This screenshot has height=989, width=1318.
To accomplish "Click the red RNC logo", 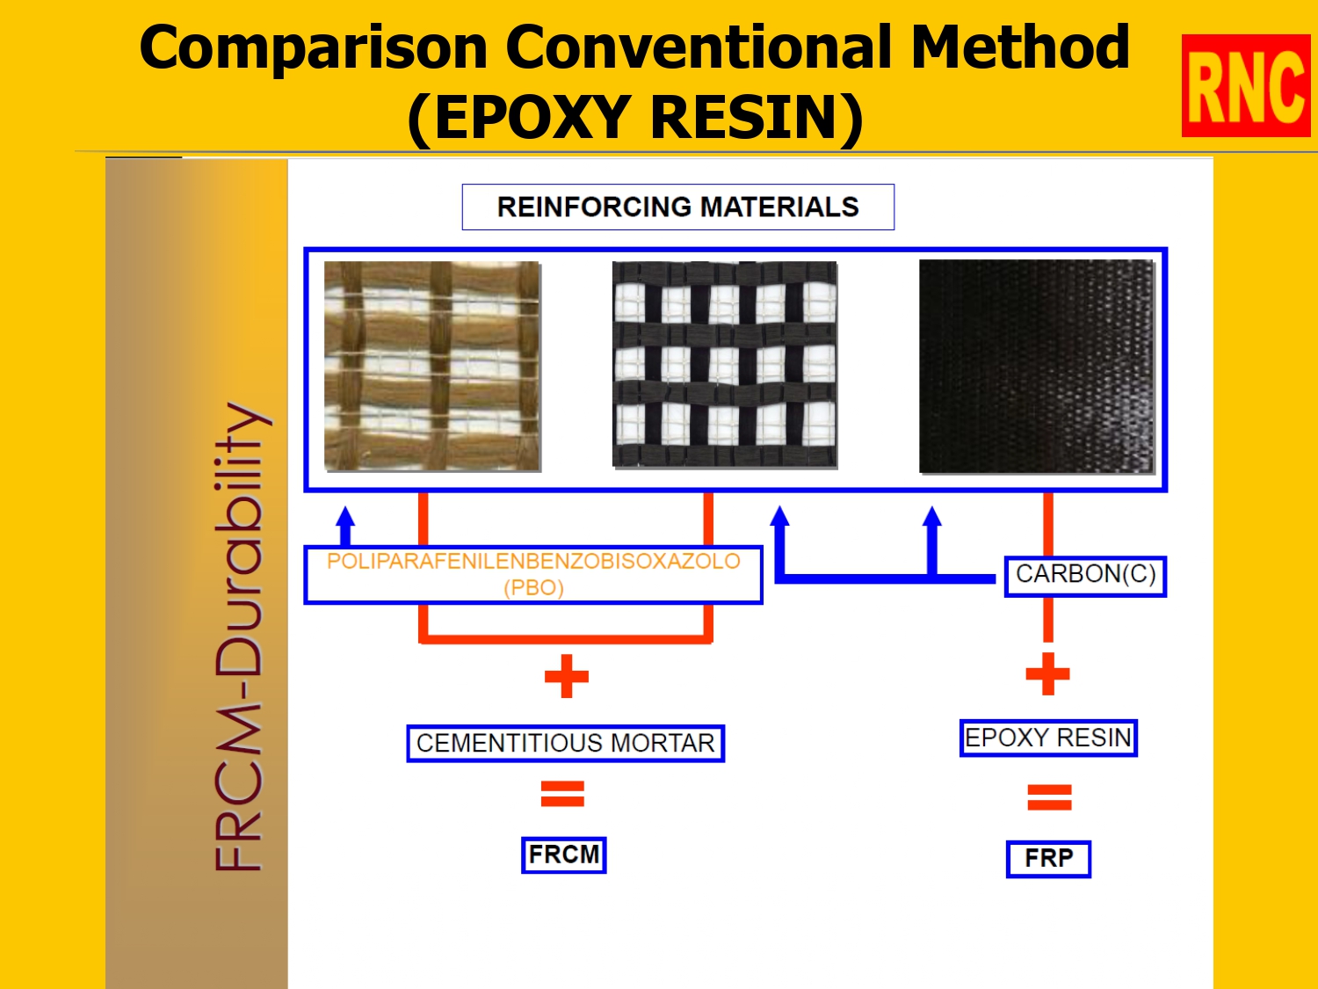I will [x=1245, y=86].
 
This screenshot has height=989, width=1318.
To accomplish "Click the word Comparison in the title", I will [x=313, y=47].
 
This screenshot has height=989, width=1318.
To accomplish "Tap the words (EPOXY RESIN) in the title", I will [x=635, y=118].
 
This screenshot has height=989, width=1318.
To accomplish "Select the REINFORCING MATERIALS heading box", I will [x=677, y=207].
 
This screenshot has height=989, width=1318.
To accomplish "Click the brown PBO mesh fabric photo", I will [x=432, y=366].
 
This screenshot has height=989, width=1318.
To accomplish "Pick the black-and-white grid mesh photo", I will [x=724, y=364].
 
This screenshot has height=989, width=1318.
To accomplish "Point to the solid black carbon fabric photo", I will [x=1036, y=366].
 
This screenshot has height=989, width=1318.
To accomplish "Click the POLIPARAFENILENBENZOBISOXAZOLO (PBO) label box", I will [x=533, y=574].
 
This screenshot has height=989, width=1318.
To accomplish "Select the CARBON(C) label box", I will [x=1085, y=576].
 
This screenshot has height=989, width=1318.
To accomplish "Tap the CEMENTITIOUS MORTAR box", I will [x=565, y=744].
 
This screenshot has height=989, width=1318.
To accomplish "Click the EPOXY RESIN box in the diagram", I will [x=1048, y=738].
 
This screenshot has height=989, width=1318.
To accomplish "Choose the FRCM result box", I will [x=564, y=855].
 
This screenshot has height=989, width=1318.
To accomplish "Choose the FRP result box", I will [x=1048, y=859].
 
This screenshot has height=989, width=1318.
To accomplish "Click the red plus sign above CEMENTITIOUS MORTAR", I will [x=567, y=676].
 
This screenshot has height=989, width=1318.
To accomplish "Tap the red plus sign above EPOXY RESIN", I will [x=1047, y=674].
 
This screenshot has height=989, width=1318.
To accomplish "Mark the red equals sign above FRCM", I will [x=562, y=794].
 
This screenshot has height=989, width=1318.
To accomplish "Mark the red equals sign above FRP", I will [x=1049, y=797].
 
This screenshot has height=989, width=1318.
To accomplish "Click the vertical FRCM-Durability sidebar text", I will [x=240, y=636].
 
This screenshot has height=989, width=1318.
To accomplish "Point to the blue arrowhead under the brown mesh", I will [x=345, y=517].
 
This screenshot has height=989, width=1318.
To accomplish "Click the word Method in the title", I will [x=1020, y=47].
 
